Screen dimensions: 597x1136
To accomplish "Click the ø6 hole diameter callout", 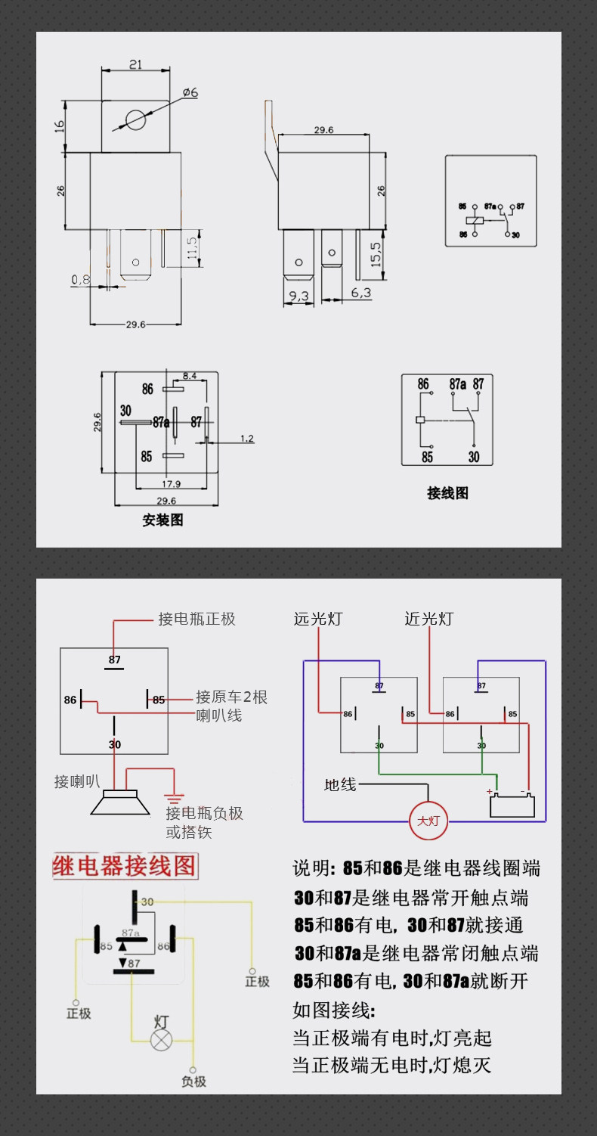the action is click(189, 92).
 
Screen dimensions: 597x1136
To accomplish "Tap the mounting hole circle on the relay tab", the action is click(135, 119).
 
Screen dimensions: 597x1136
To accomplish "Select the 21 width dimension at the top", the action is click(135, 65).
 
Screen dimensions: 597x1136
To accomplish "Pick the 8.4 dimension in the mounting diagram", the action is click(190, 375).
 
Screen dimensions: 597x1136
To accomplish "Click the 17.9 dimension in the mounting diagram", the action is click(171, 483).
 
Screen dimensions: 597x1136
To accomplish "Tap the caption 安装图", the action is click(162, 520).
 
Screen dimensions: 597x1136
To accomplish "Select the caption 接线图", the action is click(447, 493).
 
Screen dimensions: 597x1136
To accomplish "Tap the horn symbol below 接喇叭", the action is click(115, 802).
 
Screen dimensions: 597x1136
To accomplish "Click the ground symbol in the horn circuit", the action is click(175, 797).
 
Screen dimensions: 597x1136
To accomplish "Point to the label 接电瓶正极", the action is click(196, 619).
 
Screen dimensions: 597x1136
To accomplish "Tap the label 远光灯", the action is click(317, 619).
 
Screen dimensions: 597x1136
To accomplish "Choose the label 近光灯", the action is click(428, 619).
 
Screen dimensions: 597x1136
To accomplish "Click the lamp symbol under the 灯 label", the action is click(161, 1039).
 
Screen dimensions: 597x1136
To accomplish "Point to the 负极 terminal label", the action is click(193, 1082).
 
